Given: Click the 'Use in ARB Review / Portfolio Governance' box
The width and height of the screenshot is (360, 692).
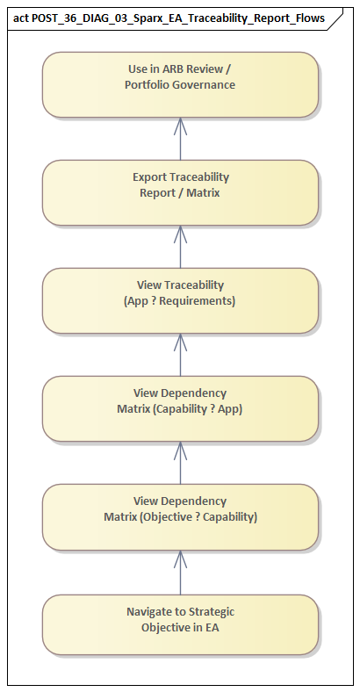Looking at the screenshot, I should (x=180, y=84).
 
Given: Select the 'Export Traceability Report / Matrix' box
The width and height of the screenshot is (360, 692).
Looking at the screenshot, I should (x=180, y=192).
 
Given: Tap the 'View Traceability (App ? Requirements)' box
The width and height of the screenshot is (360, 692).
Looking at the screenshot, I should (x=180, y=300).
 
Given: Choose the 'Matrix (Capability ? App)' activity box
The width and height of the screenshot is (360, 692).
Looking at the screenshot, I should (x=180, y=408).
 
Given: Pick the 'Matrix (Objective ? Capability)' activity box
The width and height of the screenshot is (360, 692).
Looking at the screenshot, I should (x=180, y=516).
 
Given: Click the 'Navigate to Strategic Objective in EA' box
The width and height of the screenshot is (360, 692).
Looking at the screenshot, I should (x=180, y=624).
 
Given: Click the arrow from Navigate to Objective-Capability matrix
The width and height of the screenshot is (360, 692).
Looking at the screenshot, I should (x=180, y=573).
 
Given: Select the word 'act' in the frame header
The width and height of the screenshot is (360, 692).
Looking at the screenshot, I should (x=20, y=18).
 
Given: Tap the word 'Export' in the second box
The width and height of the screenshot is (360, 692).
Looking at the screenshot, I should (x=150, y=177).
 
